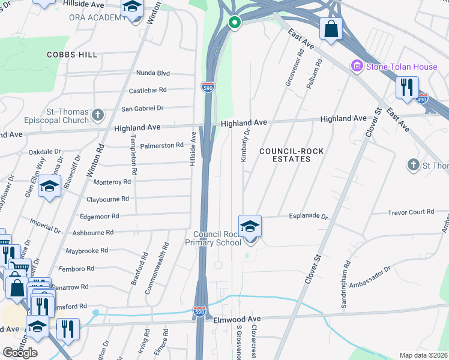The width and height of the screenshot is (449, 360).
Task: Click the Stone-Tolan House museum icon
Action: [358, 66]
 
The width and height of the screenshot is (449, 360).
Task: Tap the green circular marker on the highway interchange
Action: [234, 23]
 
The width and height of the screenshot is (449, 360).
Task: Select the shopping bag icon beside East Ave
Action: [331, 28]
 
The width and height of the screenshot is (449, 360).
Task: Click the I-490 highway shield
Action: [423, 98]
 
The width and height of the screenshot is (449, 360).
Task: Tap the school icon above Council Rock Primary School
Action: [250, 226]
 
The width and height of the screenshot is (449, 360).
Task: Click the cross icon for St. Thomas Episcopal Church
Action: [98, 114]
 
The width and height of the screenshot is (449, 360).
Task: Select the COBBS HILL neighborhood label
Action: [72, 55]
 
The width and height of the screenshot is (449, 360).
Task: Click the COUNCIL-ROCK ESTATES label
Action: [285, 155]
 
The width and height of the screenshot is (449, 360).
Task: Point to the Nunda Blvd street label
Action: [153, 73]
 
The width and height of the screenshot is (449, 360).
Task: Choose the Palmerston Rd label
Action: [161, 145]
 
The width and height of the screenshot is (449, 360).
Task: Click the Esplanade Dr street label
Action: [309, 217]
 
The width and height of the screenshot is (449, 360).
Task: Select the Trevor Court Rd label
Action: [411, 212]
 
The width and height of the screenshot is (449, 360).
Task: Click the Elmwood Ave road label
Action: [238, 319]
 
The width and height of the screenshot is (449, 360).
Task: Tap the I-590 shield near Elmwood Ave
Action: [200, 312]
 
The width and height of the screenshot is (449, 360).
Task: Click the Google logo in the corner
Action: [20, 352]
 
